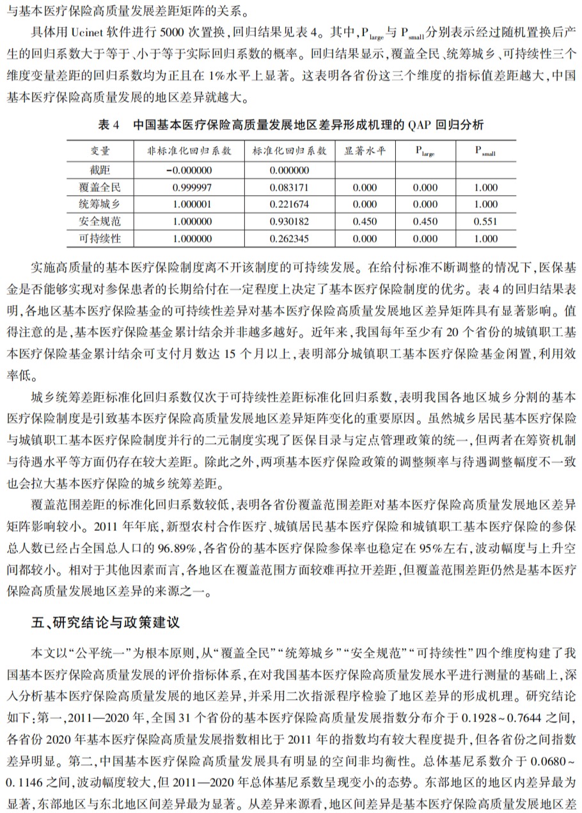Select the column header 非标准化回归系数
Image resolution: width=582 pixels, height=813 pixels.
coord(189,150)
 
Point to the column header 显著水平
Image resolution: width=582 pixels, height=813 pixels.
coord(365,150)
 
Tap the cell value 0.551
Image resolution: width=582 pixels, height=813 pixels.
coord(486,222)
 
